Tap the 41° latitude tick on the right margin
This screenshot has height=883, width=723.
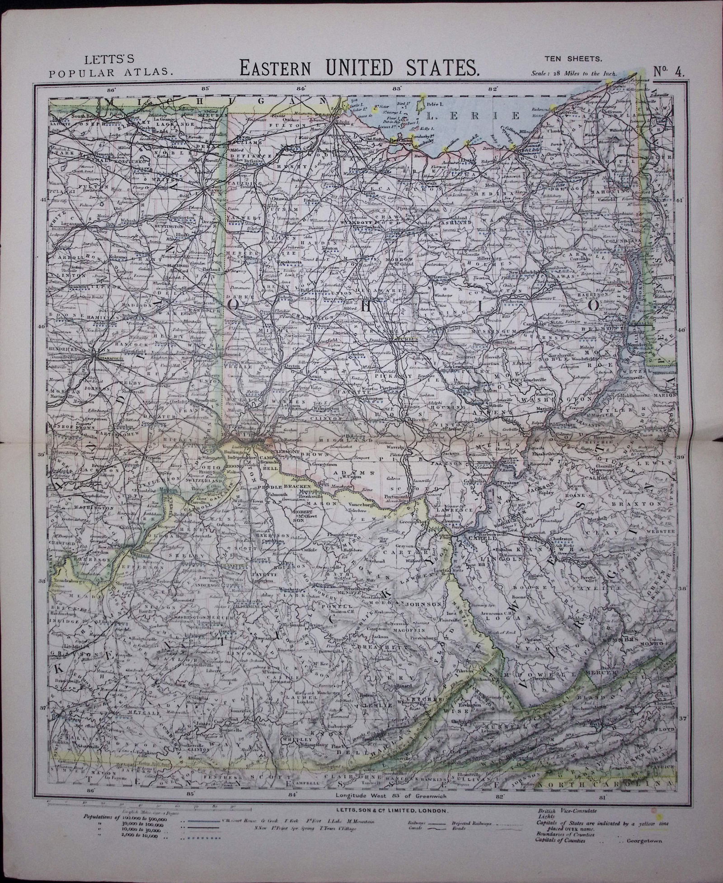[x=683, y=200]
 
